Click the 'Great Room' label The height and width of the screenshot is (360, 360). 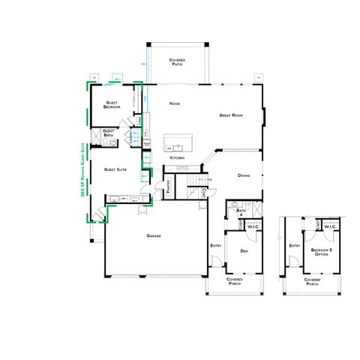point(229,115)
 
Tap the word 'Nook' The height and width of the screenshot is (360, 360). point(175,103)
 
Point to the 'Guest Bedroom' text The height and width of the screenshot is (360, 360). point(112,105)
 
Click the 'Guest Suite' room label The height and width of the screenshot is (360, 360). point(115,169)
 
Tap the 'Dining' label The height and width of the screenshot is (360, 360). point(244,176)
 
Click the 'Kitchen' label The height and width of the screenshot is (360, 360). point(177,158)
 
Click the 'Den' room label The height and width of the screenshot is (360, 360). point(244,251)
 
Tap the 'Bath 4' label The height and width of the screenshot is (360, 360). point(241,213)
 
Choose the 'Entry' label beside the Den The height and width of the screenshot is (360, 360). point(216,245)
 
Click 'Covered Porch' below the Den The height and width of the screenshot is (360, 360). point(235,283)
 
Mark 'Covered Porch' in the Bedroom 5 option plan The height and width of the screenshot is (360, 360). point(313,283)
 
